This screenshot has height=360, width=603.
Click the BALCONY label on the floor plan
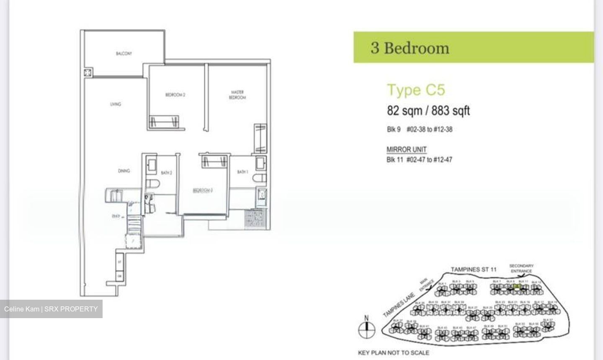(124, 54)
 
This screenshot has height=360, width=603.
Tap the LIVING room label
(116, 104)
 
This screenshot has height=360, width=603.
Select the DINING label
(124, 171)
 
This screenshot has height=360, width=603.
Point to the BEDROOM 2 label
(175, 95)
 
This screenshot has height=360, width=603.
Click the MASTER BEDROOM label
(237, 95)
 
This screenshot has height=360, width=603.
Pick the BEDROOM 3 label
(203, 190)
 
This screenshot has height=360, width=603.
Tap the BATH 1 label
(242, 172)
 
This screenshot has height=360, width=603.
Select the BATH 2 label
(166, 172)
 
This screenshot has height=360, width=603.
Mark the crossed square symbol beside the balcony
(88, 73)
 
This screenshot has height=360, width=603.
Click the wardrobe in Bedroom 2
(164, 121)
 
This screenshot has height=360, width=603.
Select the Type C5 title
(416, 90)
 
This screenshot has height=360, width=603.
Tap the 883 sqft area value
(451, 111)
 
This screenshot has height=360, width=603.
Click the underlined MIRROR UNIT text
(406, 149)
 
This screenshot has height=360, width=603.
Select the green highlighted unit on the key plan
(517, 286)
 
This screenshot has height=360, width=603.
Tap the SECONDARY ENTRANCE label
(521, 268)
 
